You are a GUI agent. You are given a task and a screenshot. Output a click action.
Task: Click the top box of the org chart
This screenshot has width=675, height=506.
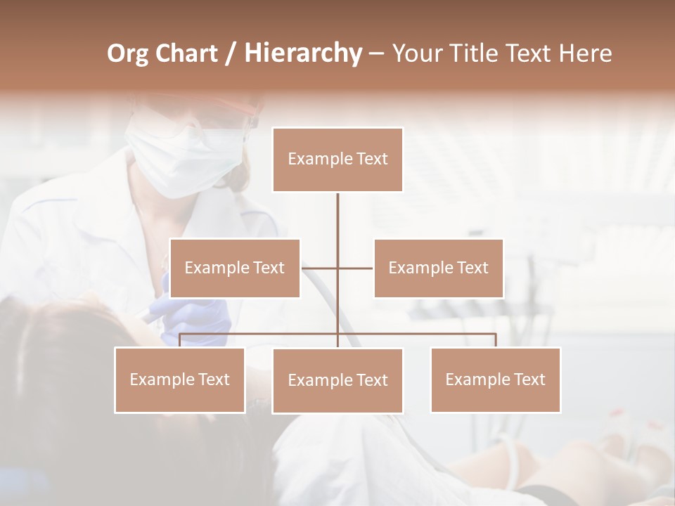(x=337, y=160)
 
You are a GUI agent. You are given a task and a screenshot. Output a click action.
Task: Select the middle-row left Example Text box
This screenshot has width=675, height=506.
(x=235, y=268)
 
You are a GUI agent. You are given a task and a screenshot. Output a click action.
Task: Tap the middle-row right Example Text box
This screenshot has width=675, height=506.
(x=438, y=268)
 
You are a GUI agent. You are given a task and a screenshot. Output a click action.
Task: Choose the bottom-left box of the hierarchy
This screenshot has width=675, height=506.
(x=179, y=379)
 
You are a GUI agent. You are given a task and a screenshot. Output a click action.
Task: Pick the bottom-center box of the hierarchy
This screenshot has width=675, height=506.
(x=337, y=380)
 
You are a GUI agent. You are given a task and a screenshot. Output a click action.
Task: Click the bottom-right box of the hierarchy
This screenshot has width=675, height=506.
(x=495, y=379)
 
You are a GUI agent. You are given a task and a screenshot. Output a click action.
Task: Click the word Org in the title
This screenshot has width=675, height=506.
(x=127, y=54)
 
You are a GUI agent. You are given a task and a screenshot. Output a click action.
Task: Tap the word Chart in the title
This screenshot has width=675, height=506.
(x=186, y=53)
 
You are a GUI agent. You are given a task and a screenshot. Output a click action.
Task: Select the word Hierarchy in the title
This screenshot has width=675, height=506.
(x=302, y=53)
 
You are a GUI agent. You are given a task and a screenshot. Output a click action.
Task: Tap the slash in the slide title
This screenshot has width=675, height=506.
(x=231, y=54)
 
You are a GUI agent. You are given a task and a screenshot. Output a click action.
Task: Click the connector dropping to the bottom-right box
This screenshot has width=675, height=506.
(x=496, y=340)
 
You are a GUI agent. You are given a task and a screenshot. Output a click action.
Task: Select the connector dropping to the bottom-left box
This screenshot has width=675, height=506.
(x=179, y=340)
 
